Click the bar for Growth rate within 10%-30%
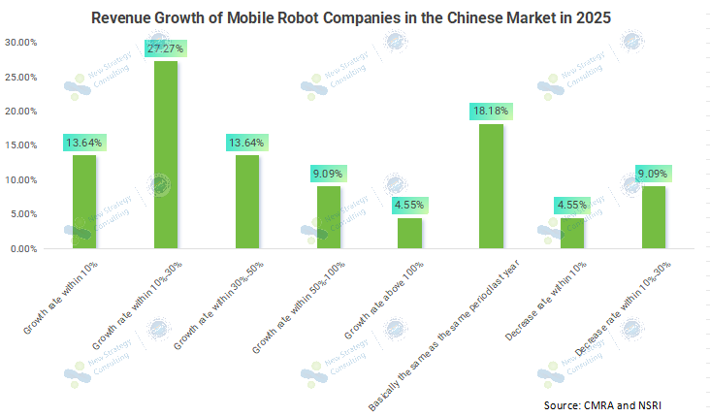coord(166,155)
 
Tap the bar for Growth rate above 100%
coord(410,233)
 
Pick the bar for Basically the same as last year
coord(492,186)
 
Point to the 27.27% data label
coord(166,48)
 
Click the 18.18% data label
coord(492,111)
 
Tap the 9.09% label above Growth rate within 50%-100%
coord(329,174)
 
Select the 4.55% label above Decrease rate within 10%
coord(573,205)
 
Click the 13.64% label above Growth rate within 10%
coord(84,143)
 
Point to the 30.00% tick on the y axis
coord(21,43)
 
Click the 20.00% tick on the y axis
coord(21,112)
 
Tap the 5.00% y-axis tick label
coord(23,214)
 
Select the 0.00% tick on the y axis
coord(23,249)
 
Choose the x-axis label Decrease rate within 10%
coord(543,297)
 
